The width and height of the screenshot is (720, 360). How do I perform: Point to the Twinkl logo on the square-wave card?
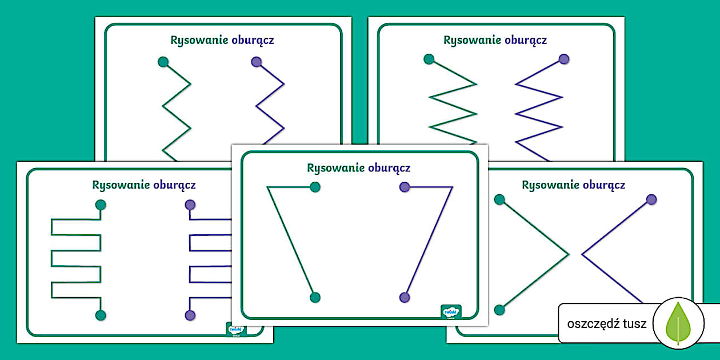pos(236,331)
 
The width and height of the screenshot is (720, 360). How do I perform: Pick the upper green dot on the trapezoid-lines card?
pos(315,187)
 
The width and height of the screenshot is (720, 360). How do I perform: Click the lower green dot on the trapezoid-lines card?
pos(314,297)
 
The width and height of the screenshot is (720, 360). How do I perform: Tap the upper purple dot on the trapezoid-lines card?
pos(405,186)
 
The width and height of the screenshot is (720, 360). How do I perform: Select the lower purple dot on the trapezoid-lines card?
pos(405,297)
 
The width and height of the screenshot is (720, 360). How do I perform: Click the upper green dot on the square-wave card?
pos(101,205)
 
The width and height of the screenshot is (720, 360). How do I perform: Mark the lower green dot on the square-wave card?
pos(101,315)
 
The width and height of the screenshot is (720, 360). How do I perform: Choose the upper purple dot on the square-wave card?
pos(190,205)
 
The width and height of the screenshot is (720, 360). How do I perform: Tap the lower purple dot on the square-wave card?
pos(190,315)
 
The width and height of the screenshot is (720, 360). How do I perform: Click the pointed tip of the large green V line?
pos(569,254)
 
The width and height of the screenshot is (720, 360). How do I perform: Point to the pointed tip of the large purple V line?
pos(582,254)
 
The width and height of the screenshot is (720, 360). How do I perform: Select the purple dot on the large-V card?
pos(651,199)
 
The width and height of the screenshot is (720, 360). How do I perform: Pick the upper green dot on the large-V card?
pos(499,199)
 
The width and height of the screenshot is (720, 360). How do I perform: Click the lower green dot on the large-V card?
pos(499,310)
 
